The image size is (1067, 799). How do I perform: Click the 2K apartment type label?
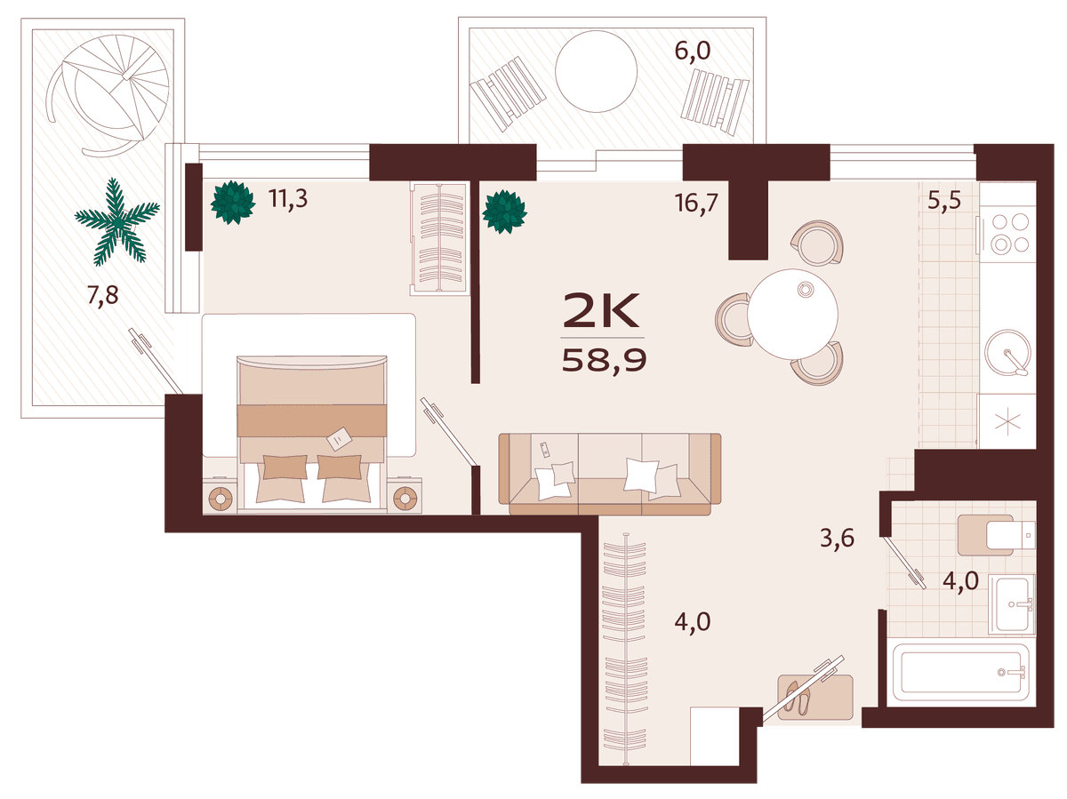tap(601, 310)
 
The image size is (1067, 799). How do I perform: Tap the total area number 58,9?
tap(604, 361)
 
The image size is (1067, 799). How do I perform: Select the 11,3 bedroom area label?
tap(288, 198)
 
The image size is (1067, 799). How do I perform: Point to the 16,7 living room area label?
tap(696, 202)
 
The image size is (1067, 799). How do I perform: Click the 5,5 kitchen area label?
tap(944, 199)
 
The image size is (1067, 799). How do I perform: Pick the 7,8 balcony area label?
tap(102, 294)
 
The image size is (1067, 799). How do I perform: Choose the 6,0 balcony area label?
tap(693, 51)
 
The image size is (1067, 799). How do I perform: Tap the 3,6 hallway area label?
tap(837, 539)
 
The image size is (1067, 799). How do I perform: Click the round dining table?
tap(792, 314)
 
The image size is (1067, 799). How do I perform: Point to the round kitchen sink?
tap(1007, 353)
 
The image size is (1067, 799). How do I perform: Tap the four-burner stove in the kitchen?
tap(1007, 234)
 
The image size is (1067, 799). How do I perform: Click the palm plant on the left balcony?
tap(117, 222)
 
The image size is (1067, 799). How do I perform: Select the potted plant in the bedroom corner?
tap(233, 202)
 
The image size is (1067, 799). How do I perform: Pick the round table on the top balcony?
tap(596, 71)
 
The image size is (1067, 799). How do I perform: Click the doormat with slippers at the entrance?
tap(815, 697)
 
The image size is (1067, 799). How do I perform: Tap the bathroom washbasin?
tap(1011, 603)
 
